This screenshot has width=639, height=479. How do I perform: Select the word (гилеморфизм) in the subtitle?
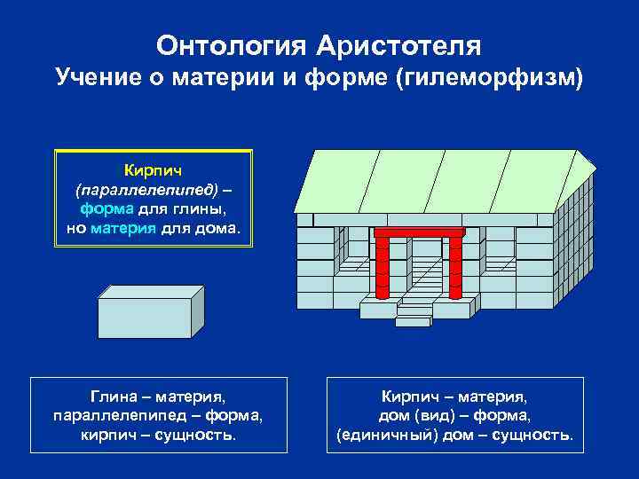click(493, 79)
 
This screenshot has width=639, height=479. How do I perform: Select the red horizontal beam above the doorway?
click(419, 232)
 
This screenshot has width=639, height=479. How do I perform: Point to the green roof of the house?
click(444, 177)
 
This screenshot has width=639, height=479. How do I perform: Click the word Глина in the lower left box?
click(111, 397)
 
